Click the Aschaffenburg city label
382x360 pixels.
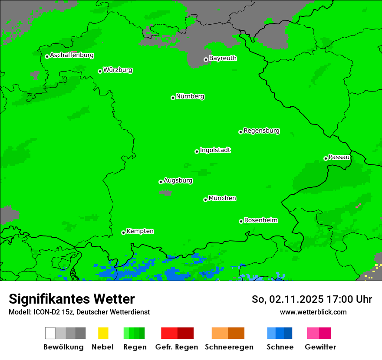[72, 56]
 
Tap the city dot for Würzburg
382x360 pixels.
[100, 71]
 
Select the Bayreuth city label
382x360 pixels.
[223, 58]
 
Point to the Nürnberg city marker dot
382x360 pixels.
[173, 98]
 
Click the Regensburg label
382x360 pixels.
[261, 131]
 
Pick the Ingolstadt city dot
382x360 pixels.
[197, 151]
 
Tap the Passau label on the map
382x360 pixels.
[339, 157]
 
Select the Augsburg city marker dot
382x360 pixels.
[161, 182]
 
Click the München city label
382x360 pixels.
[222, 198]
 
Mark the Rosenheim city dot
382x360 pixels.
[241, 221]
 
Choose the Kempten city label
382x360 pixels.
[140, 231]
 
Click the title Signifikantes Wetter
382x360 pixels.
[72, 299]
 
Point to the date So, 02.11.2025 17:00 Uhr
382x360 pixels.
[312, 299]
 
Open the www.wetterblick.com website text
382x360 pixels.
[313, 312]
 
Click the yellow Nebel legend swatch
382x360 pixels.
[103, 333]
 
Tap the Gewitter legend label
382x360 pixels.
[320, 347]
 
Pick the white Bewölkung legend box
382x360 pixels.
[50, 333]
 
